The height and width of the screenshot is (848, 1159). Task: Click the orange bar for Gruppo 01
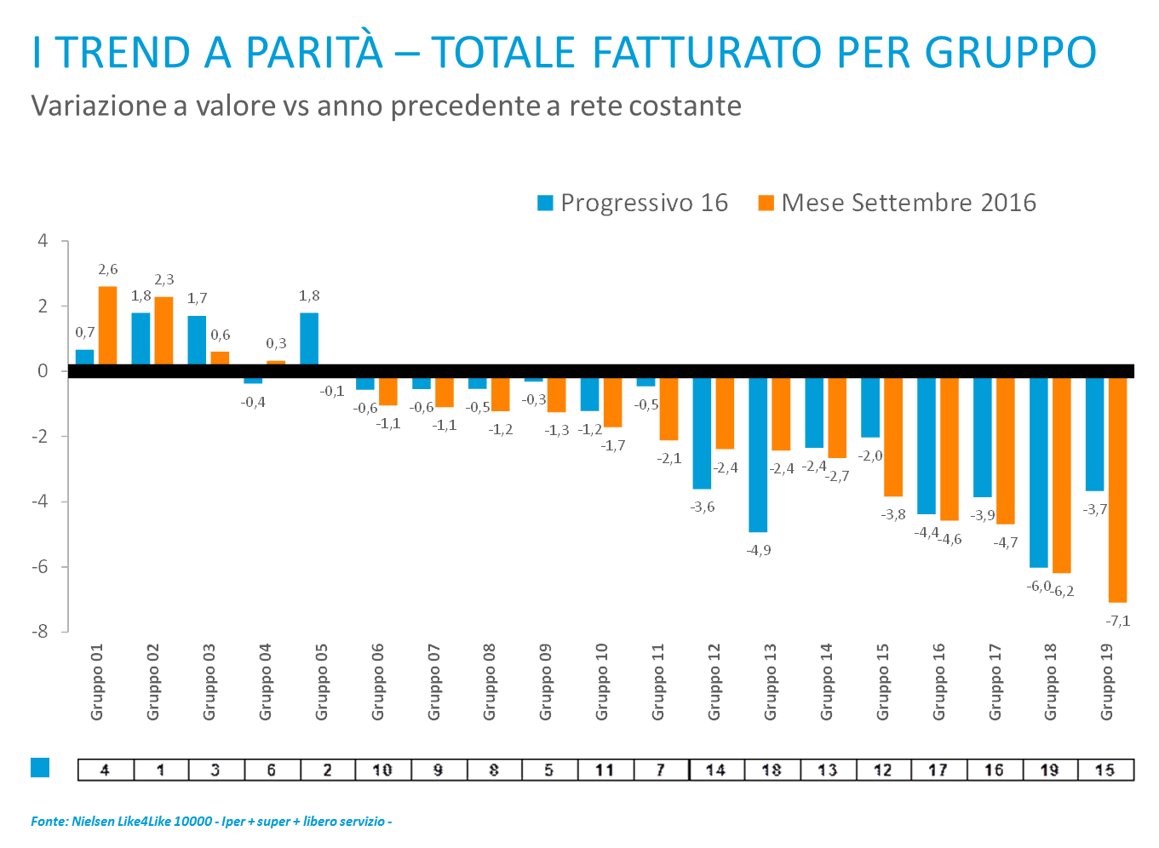[x=107, y=324]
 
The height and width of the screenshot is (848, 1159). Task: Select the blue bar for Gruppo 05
[x=309, y=338]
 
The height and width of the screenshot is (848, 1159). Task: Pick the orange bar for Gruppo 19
[x=1117, y=490]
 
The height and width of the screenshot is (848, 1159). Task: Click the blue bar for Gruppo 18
[x=1039, y=473]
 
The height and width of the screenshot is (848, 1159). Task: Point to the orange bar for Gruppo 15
[x=893, y=438]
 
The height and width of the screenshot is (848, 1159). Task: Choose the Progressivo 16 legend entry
[x=633, y=203]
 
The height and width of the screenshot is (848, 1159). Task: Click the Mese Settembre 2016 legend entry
[x=897, y=203]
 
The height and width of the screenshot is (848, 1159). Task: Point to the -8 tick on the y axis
[x=40, y=632]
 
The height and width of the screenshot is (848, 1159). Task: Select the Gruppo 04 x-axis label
[x=266, y=682]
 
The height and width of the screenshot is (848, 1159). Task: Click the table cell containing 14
[x=715, y=770]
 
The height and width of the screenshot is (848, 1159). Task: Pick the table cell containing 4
[x=105, y=770]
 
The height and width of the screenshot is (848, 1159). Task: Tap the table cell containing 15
[x=1104, y=770]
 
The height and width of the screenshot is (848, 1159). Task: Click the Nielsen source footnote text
[x=210, y=822]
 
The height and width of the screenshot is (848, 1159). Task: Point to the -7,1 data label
[x=1118, y=621]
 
